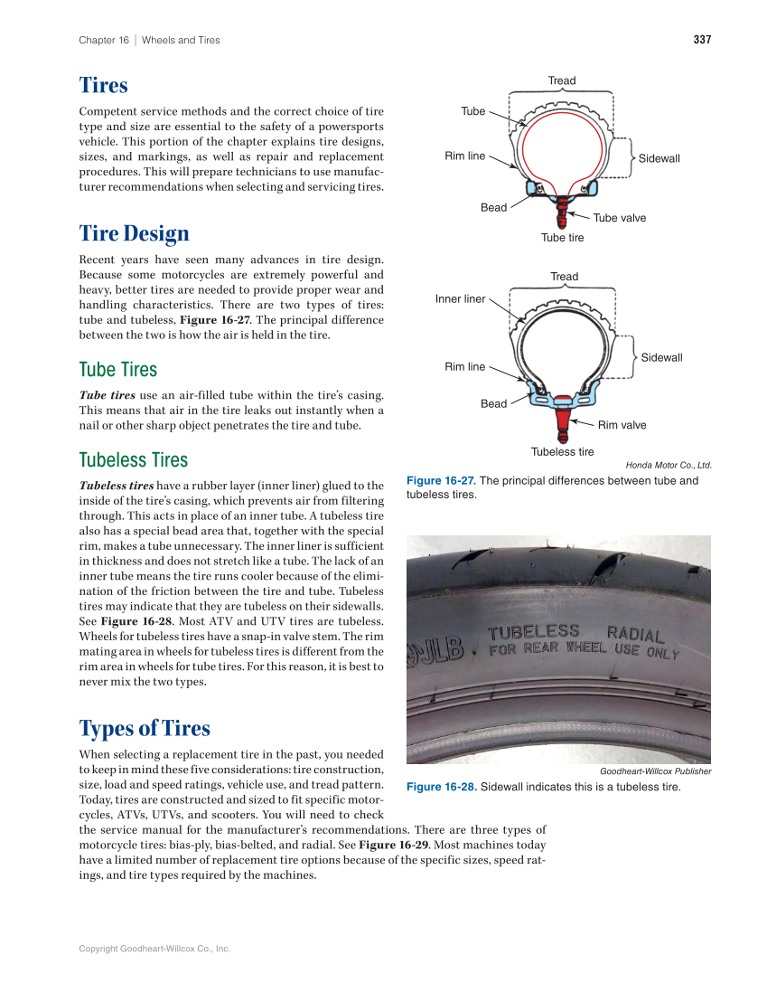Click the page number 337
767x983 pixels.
pyautogui.click(x=702, y=40)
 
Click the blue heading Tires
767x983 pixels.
pyautogui.click(x=103, y=86)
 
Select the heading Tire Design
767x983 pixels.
pyautogui.click(x=134, y=233)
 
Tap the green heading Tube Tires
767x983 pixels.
pyautogui.click(x=117, y=370)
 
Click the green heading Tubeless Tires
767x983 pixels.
pyautogui.click(x=134, y=460)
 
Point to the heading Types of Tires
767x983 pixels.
pyautogui.click(x=145, y=728)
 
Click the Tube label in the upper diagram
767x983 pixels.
pyautogui.click(x=472, y=111)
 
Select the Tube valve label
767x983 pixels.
pyautogui.click(x=619, y=218)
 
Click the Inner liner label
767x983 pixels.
pyautogui.click(x=460, y=298)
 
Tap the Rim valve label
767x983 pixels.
pyautogui.click(x=622, y=425)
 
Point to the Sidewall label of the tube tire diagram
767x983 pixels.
pyautogui.click(x=659, y=158)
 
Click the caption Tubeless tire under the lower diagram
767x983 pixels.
pyautogui.click(x=562, y=452)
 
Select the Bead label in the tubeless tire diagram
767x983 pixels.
pyautogui.click(x=493, y=403)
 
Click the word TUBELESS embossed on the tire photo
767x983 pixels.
pyautogui.click(x=534, y=631)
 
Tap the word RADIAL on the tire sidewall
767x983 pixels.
pyautogui.click(x=636, y=634)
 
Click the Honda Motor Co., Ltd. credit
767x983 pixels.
pyautogui.click(x=669, y=466)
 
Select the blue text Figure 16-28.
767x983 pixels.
pyautogui.click(x=441, y=787)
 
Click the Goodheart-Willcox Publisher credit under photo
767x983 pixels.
pyautogui.click(x=655, y=771)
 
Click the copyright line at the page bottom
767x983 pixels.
pyautogui.click(x=154, y=949)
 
